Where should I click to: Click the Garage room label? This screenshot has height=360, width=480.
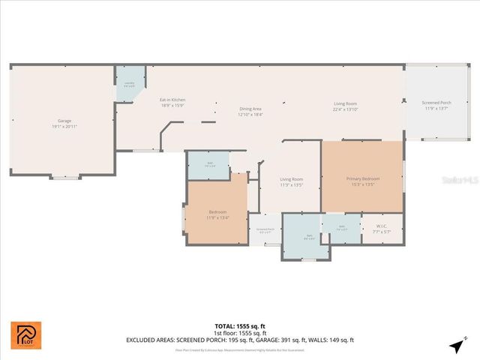[65, 123]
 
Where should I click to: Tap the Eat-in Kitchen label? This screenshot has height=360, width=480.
[172, 103]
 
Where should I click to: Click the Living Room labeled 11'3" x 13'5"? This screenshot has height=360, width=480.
[291, 181]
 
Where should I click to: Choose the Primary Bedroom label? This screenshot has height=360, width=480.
[363, 181]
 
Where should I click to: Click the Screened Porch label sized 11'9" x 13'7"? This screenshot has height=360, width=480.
[436, 105]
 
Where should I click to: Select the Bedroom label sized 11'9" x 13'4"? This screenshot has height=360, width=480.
[217, 214]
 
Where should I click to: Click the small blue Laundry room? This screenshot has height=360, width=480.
[129, 85]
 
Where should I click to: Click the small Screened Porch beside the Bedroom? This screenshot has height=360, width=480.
[265, 231]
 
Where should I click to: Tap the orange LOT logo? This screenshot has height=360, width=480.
[26, 335]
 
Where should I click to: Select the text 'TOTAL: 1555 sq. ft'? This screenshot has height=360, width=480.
[240, 326]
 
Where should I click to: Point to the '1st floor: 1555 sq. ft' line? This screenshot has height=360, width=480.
[240, 333]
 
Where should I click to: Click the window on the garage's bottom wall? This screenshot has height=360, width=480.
[64, 178]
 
